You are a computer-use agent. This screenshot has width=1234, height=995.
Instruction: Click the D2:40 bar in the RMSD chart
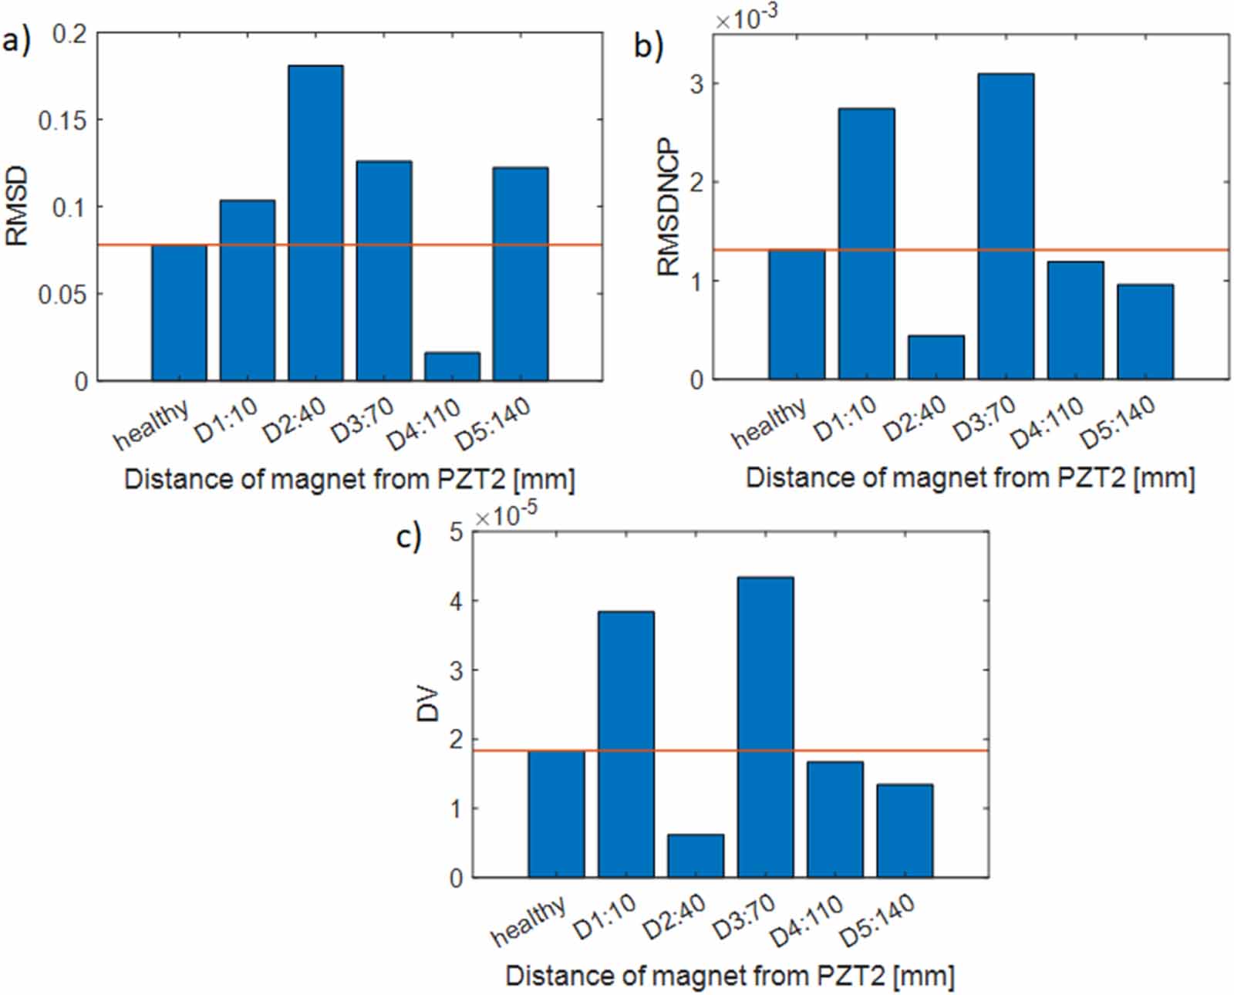point(315,223)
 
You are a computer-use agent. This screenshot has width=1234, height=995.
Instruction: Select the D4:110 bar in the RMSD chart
point(452,366)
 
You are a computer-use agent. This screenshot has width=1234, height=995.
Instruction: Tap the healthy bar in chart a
point(179,312)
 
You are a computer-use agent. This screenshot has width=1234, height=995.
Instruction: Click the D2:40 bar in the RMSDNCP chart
point(936,357)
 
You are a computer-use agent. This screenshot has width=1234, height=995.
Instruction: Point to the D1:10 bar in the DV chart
point(625,744)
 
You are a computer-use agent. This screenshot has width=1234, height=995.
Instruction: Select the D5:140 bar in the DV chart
point(905,831)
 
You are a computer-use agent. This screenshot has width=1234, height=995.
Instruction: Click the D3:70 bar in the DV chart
point(765,727)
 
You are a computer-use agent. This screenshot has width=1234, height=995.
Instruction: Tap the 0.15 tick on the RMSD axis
point(62,120)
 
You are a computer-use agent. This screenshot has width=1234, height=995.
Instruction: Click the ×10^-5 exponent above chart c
point(505,514)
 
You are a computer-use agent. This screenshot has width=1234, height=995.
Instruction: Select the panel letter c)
point(409,535)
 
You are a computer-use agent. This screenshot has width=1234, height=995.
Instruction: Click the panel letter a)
point(17,40)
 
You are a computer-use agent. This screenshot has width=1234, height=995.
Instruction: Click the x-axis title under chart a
point(349,480)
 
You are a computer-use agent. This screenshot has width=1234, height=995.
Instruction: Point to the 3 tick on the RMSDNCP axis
point(697,84)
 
